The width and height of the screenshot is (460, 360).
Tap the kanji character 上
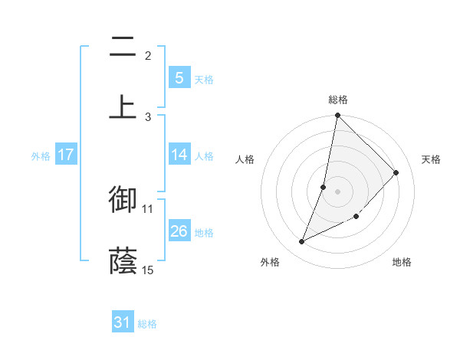pyautogui.click(x=123, y=106)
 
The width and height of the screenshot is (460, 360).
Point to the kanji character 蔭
pyautogui.click(x=123, y=260)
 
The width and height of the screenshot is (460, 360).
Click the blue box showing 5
pyautogui.click(x=179, y=77)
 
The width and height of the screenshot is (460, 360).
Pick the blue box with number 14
pyautogui.click(x=179, y=155)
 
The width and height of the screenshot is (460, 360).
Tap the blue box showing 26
pyautogui.click(x=179, y=231)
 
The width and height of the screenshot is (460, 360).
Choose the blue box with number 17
pyautogui.click(x=66, y=155)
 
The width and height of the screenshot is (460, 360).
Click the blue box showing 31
pyautogui.click(x=123, y=322)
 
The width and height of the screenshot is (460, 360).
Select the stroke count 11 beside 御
pyautogui.click(x=148, y=208)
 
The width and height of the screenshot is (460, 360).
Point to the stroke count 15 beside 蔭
pyautogui.click(x=148, y=270)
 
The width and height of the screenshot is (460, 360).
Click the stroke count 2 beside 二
pyautogui.click(x=148, y=55)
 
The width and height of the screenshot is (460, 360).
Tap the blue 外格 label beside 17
pyautogui.click(x=41, y=156)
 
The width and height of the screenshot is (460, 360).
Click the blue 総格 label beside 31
pyautogui.click(x=147, y=324)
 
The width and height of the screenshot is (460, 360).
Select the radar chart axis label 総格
pyautogui.click(x=338, y=100)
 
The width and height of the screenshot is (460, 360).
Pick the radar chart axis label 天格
pyautogui.click(x=431, y=159)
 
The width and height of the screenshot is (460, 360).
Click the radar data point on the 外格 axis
pyautogui.click(x=301, y=242)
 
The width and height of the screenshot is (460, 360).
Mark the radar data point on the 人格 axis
pyautogui.click(x=324, y=187)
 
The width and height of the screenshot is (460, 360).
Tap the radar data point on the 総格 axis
pyautogui.click(x=337, y=116)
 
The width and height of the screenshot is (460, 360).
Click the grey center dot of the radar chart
pyautogui.click(x=337, y=191)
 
